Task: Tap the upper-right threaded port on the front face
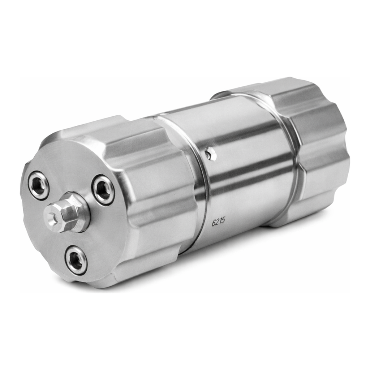click(103, 189)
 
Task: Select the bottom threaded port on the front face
click(76, 260)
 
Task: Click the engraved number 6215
click(219, 222)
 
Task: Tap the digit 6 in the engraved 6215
click(214, 223)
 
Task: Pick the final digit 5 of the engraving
click(224, 221)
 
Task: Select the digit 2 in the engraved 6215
click(217, 222)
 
